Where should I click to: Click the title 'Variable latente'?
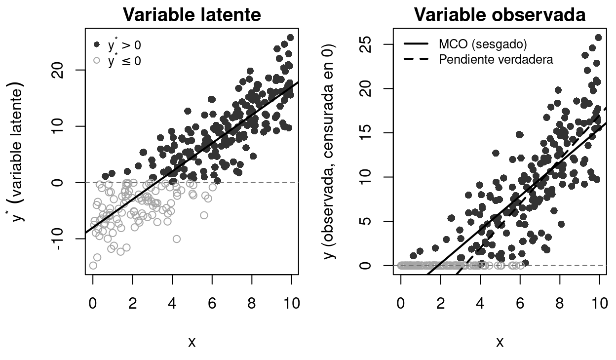click(x=192, y=15)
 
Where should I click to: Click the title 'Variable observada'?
click(x=500, y=15)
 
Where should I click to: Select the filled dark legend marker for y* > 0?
click(x=97, y=45)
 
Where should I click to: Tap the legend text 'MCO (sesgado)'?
click(x=483, y=44)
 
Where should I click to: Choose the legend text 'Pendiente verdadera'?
click(x=496, y=60)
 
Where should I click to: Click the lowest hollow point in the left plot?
click(x=93, y=266)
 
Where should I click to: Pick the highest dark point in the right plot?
click(x=598, y=38)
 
